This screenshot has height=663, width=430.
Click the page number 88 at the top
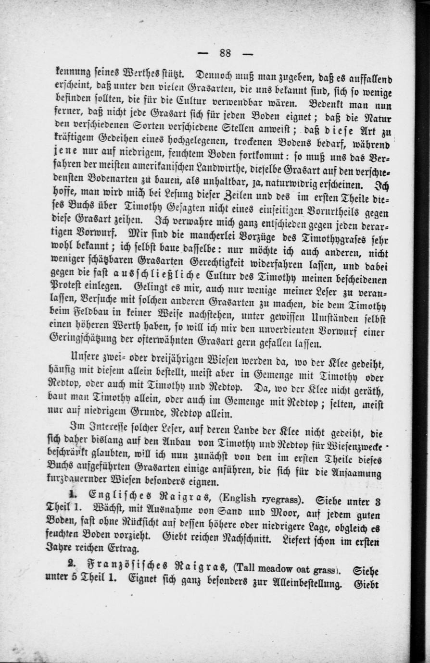coord(225,53)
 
